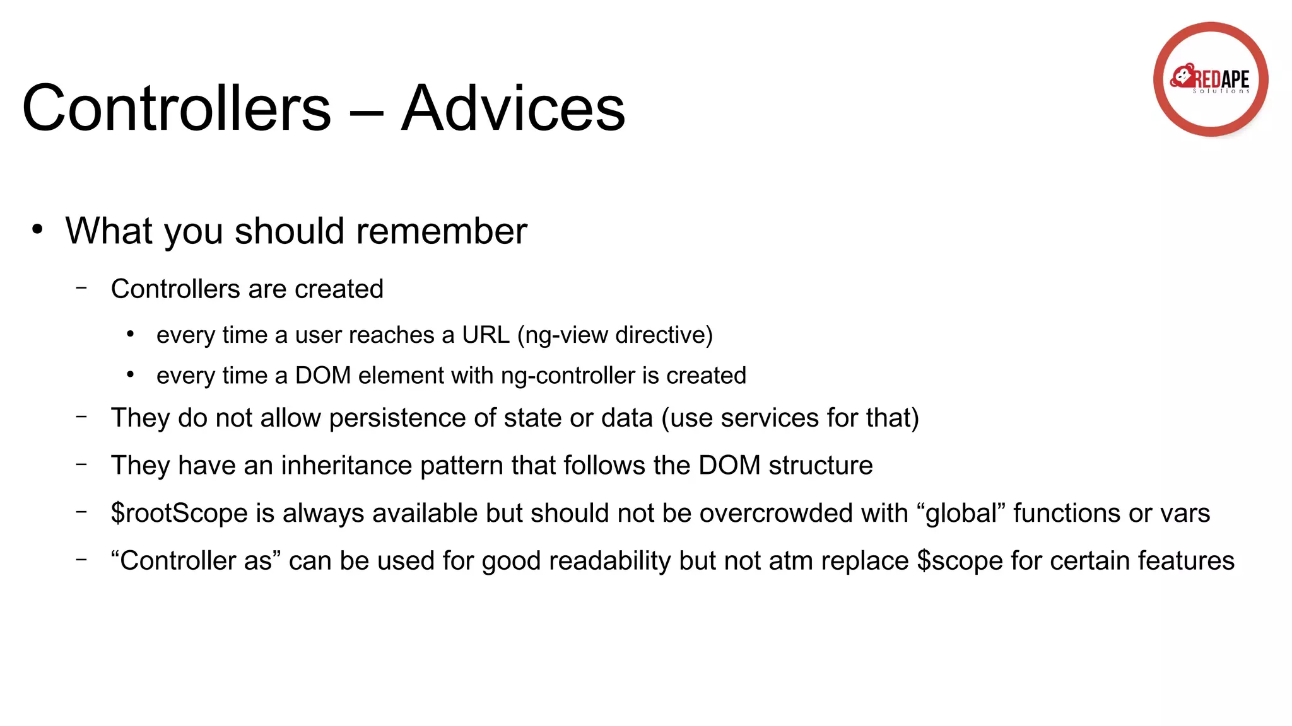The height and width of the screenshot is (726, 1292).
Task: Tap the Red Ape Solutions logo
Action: (1210, 79)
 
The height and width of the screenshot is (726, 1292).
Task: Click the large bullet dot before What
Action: (38, 229)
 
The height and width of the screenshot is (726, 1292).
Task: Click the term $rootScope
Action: (179, 513)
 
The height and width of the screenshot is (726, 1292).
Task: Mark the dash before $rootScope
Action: (81, 511)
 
